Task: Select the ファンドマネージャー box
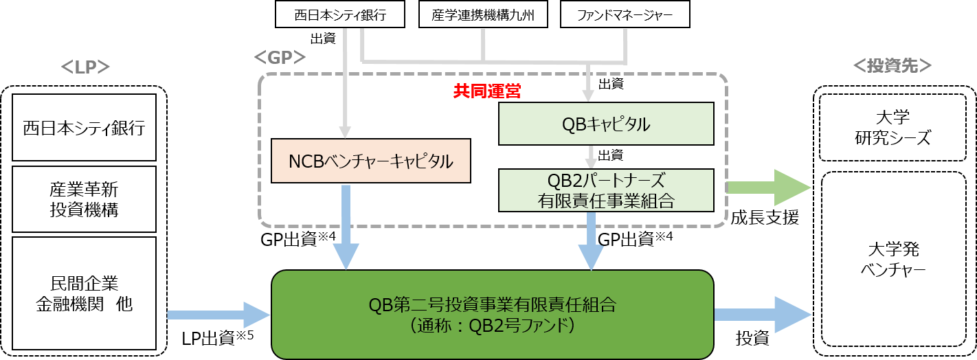click(625, 14)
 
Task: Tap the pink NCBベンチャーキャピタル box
click(371, 161)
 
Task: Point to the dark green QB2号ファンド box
click(491, 314)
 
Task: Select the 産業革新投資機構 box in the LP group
click(85, 200)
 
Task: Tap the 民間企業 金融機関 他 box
click(85, 293)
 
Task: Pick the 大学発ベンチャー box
click(894, 259)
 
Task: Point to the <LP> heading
click(85, 67)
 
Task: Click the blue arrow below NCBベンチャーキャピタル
click(346, 227)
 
